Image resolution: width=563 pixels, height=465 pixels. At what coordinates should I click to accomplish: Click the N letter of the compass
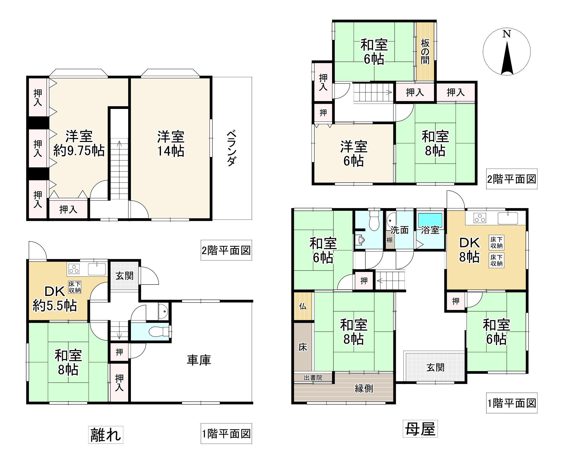507,34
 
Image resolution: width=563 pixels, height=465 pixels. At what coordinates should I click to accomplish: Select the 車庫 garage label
199,360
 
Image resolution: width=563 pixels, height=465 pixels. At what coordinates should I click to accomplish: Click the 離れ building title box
105,435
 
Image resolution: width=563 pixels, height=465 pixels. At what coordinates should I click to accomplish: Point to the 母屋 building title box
420,429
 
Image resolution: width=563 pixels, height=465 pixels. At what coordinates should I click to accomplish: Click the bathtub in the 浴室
430,218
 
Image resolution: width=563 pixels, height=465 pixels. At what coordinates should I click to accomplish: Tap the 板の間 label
425,52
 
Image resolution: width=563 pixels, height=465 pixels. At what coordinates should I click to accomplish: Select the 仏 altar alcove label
303,306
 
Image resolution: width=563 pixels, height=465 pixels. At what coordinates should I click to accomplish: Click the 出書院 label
313,378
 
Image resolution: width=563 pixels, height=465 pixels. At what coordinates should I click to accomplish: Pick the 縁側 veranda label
364,388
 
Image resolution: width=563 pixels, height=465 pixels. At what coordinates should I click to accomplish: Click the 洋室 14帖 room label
171,144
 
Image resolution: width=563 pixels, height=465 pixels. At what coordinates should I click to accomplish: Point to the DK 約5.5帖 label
55,298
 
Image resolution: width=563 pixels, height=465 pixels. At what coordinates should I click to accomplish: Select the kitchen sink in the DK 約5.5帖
97,269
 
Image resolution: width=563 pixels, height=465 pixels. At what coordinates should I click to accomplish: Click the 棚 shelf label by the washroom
389,240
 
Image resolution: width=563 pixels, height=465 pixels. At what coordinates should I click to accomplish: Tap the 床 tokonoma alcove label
303,347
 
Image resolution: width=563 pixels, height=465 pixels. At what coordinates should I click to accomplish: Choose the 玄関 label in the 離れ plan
124,276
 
